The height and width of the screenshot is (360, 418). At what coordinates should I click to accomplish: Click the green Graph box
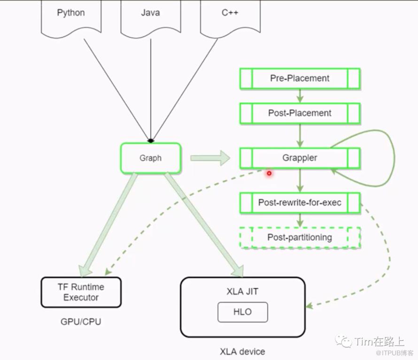pos(150,158)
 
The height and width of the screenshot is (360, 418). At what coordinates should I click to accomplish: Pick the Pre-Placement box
pos(300,78)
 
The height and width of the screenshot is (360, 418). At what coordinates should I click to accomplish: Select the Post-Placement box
pos(300,113)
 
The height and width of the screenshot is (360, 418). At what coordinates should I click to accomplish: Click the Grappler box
pos(300,158)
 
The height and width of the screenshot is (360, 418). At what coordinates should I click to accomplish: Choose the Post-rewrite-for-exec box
pos(300,203)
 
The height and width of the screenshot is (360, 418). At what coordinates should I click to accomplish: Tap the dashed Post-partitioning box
pos(300,237)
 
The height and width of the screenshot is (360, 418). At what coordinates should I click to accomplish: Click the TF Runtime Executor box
pos(81,292)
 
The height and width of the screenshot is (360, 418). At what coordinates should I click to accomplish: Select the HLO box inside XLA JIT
pos(242,312)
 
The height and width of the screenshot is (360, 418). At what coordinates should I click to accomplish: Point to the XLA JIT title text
pos(242,291)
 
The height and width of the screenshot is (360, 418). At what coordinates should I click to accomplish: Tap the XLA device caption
pos(242,351)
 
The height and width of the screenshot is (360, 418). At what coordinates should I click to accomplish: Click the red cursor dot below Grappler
pos(269,173)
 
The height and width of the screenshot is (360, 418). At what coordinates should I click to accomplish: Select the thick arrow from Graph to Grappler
pos(209,158)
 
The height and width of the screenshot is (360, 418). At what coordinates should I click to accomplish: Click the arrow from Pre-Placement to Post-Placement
pos(300,96)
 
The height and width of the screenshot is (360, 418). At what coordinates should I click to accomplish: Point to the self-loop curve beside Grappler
pos(393,155)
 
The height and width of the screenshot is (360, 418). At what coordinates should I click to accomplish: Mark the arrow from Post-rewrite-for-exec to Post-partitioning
pos(300,220)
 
